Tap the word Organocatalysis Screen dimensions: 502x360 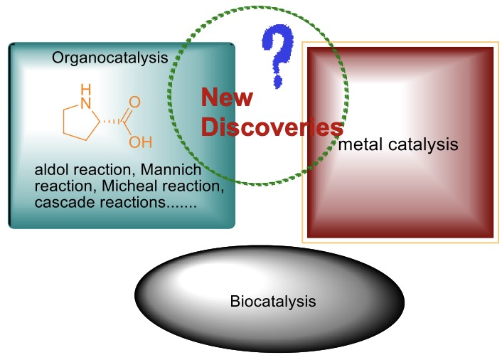point(110,58)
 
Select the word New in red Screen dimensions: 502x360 point(227,97)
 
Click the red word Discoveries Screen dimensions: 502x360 point(272,127)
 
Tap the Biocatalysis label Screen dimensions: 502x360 point(273,302)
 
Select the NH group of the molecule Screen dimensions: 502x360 point(86,97)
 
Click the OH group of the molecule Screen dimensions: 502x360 point(141,142)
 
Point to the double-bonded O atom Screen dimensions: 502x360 point(135,102)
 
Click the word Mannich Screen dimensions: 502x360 point(171,169)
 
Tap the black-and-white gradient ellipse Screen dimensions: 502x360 point(269,299)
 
